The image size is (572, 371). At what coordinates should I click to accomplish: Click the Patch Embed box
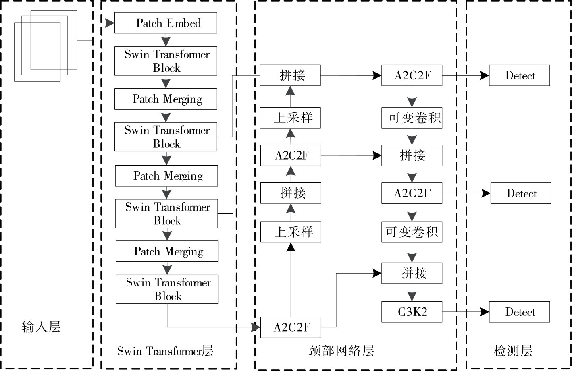point(166,23)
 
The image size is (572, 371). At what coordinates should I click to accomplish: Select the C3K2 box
point(412,312)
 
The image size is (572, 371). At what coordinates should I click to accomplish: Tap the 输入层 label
point(41,326)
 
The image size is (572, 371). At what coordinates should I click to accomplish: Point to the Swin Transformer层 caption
point(165,351)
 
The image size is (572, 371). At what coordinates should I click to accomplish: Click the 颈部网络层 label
point(341,350)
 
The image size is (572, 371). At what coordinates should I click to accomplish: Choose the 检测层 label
point(513,350)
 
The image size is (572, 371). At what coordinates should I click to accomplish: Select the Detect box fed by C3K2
point(519,312)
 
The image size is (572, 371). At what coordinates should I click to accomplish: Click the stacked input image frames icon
point(46,46)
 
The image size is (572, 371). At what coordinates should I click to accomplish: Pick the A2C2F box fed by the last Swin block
point(291,327)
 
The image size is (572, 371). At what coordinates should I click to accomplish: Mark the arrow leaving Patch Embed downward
point(166,41)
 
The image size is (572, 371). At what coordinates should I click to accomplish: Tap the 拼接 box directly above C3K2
point(412,273)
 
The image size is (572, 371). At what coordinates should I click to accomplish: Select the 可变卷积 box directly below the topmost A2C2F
point(412,118)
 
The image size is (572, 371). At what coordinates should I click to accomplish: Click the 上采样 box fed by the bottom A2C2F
point(291,232)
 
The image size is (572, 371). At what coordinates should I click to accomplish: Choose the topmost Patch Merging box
point(166,99)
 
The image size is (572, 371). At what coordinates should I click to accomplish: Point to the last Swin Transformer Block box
point(167,289)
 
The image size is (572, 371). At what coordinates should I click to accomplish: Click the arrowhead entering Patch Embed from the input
point(110,23)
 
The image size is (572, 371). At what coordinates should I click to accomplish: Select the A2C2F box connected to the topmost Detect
point(412,75)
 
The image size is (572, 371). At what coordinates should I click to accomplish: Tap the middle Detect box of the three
point(520,193)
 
